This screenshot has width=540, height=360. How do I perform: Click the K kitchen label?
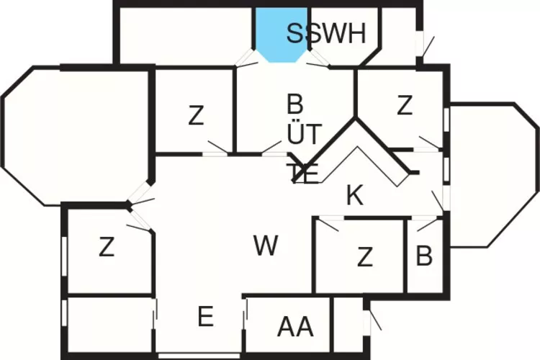355,195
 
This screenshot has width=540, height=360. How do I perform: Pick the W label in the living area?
266,246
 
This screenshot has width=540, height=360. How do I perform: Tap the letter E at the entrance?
206,316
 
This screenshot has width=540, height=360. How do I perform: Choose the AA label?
295,327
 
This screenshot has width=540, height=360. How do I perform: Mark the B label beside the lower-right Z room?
424,256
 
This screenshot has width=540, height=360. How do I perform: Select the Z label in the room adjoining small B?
365,257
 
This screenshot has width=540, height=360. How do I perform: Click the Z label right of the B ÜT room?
405,105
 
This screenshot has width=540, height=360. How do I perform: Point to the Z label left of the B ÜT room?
197,116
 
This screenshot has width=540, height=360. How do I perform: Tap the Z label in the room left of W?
107,247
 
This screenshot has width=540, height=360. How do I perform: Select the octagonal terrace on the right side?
493,175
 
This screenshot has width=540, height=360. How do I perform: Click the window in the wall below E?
199,356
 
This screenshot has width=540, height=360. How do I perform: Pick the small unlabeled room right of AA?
348,325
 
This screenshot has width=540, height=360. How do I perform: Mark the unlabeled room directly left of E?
110,325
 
